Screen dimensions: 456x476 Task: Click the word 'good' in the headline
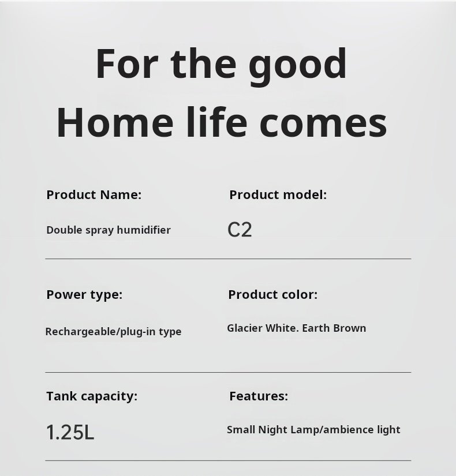point(298,67)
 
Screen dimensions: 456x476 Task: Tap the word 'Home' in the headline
point(115,122)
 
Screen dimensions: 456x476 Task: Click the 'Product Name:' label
point(94,194)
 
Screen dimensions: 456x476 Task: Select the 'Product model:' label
point(278,194)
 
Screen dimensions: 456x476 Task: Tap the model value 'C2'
point(240,230)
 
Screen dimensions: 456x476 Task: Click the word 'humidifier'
point(144,230)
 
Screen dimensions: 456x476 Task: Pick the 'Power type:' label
point(84,295)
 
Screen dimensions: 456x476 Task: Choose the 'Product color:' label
point(273,294)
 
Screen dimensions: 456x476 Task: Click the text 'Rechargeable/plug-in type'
point(113,332)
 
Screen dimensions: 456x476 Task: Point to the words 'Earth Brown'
point(334,328)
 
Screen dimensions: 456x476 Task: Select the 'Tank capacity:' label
point(92,397)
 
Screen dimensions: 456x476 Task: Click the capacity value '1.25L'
point(70,432)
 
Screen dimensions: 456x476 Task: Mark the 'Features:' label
point(259,396)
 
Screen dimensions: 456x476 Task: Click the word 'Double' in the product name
point(65,230)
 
